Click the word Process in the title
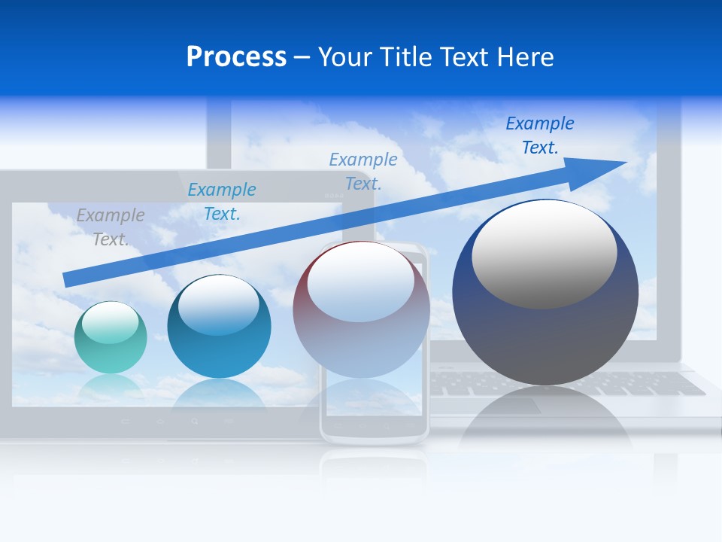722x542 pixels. click(x=236, y=56)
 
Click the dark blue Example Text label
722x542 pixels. click(x=539, y=135)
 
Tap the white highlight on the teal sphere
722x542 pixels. click(x=110, y=323)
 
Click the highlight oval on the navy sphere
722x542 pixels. click(x=544, y=254)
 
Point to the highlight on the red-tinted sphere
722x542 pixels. click(x=360, y=281)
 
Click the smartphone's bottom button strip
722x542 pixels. click(x=374, y=426)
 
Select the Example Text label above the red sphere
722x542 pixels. click(x=363, y=171)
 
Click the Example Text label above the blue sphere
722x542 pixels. click(x=222, y=202)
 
